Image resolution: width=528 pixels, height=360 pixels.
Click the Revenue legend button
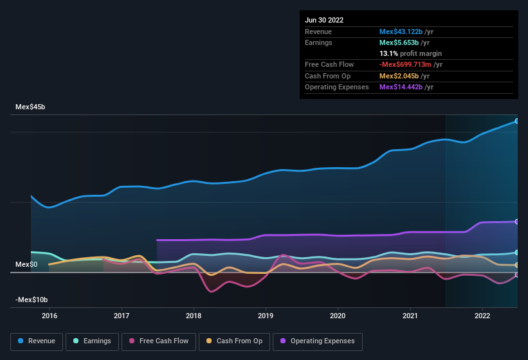click(x=37, y=341)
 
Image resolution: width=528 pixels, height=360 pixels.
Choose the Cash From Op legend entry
click(x=234, y=341)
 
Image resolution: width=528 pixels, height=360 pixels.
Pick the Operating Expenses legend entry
click(x=318, y=341)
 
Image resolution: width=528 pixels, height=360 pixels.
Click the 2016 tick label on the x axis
click(x=50, y=316)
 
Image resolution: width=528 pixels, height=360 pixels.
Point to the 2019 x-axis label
click(x=266, y=316)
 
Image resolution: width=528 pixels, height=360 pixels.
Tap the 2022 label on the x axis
click(x=482, y=316)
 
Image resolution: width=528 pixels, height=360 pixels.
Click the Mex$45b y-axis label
click(x=30, y=107)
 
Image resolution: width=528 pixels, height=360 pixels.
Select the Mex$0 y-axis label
click(x=26, y=264)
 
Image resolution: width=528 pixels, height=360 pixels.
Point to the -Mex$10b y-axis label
click(x=32, y=300)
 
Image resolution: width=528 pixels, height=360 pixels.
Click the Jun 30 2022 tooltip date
click(x=324, y=20)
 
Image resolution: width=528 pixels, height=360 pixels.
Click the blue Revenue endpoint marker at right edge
click(x=517, y=121)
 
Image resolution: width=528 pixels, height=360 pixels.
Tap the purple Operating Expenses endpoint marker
click(x=517, y=222)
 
